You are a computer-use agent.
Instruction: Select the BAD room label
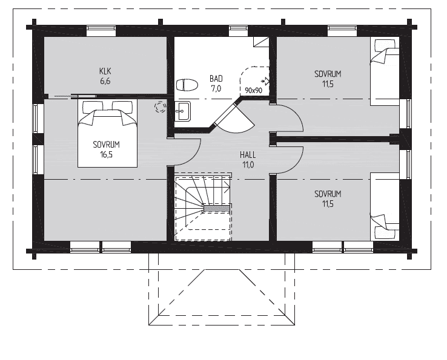(216, 79)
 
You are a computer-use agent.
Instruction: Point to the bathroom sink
(182, 111)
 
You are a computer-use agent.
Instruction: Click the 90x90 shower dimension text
(253, 90)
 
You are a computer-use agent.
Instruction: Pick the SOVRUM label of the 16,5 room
(107, 145)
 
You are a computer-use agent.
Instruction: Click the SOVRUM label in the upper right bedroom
(327, 74)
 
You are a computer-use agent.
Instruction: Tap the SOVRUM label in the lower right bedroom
(327, 194)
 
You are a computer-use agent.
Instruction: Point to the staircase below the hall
(202, 208)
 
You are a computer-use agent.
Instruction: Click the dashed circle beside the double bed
(161, 108)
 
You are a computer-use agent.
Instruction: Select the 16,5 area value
(107, 155)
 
